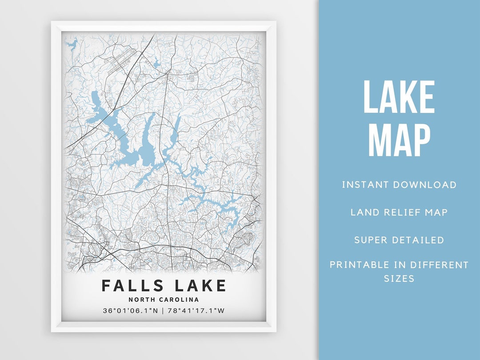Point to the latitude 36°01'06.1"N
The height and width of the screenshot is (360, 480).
130,311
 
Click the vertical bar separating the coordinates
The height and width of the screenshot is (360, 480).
163,311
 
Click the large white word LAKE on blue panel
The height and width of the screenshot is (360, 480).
399,98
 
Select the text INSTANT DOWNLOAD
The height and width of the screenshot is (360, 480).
399,185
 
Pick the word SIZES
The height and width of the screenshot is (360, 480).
399,279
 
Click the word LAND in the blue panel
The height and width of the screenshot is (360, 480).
364,212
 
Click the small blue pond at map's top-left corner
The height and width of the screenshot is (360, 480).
72,44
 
